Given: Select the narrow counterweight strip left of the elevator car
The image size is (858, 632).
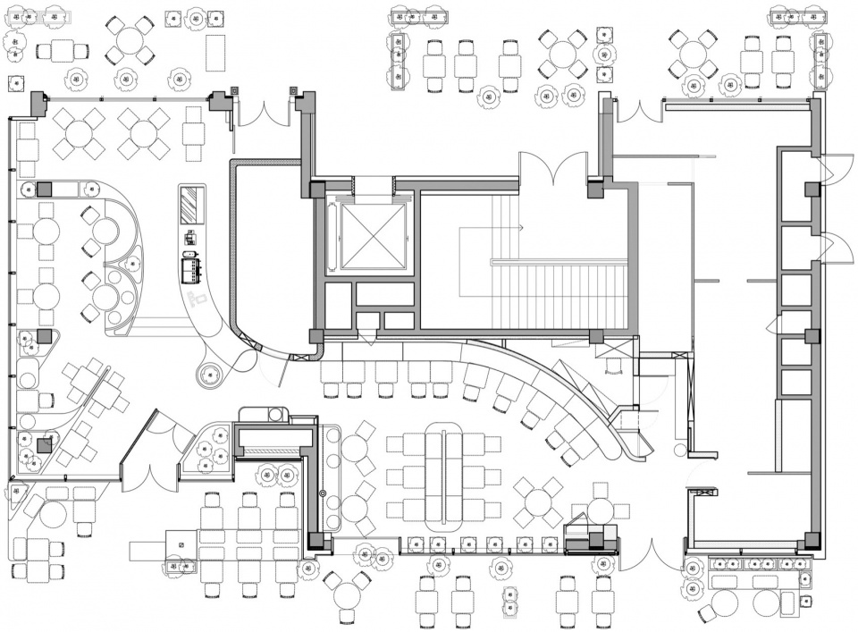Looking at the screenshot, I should point(333,235).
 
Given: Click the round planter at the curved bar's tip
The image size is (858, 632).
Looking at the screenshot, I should point(211,373).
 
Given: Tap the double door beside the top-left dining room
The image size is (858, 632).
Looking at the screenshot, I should point(264,112).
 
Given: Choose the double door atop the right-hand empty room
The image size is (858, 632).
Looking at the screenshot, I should point(638,110).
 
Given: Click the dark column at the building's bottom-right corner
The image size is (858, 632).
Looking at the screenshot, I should point(811,540).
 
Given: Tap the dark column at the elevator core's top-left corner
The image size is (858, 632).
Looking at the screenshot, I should point(317,189).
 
